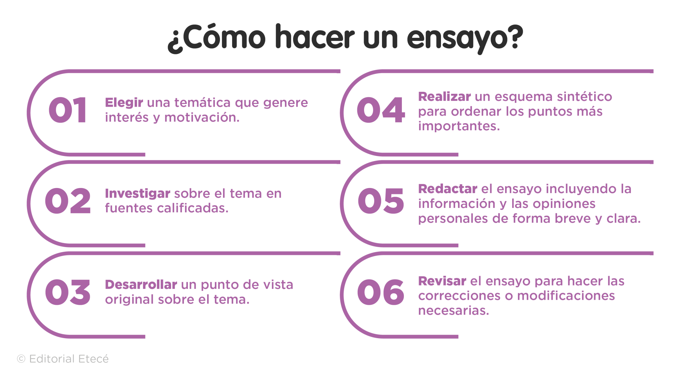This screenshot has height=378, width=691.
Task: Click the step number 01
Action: (68, 110)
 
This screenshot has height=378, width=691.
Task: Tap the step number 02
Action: (68, 201)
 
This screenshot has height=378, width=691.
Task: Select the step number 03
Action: (68, 292)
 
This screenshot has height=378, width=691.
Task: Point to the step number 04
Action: (381, 110)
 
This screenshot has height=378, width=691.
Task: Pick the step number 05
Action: (381, 201)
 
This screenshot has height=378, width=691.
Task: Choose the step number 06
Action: (381, 292)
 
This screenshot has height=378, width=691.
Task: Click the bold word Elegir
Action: (124, 103)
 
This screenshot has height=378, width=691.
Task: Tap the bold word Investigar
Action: (137, 194)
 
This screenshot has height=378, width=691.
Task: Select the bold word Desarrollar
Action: (141, 285)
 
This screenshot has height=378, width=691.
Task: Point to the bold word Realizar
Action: (444, 97)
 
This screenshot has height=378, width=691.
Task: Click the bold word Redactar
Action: (447, 189)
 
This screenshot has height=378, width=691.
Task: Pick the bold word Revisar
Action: (442, 281)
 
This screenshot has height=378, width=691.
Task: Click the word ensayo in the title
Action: (465, 38)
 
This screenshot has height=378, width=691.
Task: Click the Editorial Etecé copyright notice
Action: (63, 359)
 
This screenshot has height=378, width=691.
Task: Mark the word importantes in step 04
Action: (459, 126)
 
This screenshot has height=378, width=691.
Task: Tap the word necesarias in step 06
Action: (453, 310)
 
